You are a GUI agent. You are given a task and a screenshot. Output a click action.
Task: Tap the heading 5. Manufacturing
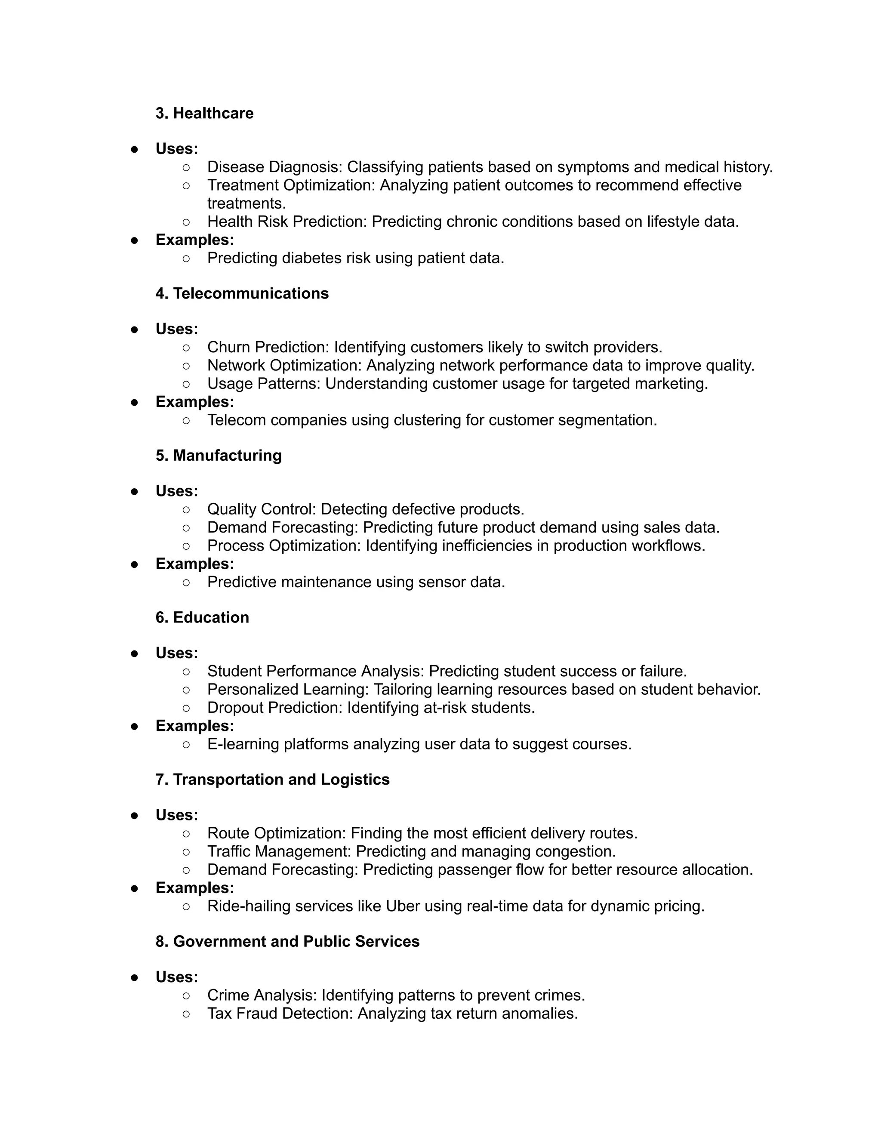[x=218, y=455]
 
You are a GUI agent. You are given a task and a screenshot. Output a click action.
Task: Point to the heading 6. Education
[x=202, y=617]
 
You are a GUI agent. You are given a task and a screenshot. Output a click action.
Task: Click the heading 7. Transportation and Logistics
[x=272, y=780]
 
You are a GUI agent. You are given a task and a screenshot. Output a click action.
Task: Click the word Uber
[x=402, y=906]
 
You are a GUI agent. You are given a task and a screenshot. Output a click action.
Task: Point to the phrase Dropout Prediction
[x=274, y=707]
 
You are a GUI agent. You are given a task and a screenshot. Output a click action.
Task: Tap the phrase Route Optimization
[x=276, y=833]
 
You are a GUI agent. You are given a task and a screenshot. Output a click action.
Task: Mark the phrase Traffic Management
[x=279, y=851]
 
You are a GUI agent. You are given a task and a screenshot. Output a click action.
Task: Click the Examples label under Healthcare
[x=195, y=240]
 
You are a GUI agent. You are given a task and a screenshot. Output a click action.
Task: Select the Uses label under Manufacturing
[x=176, y=491]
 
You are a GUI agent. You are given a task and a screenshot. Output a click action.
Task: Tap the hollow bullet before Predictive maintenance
[x=186, y=582]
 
